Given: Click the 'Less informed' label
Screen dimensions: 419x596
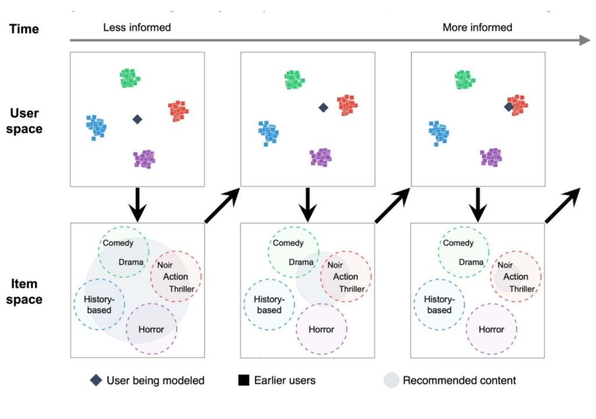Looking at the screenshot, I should (x=137, y=27).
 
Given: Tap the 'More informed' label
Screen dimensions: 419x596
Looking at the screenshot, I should (x=477, y=27).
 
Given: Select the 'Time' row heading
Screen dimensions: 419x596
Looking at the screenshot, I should (x=24, y=28).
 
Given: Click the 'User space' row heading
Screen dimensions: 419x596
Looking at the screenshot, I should (x=24, y=121).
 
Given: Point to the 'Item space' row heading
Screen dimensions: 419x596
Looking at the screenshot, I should (x=24, y=292).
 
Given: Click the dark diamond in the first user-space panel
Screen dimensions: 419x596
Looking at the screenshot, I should (x=137, y=119).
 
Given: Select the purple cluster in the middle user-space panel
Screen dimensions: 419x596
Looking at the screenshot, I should (x=321, y=157).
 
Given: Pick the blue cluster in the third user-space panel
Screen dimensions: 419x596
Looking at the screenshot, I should (x=439, y=132).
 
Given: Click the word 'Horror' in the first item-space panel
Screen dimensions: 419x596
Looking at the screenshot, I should (x=151, y=329).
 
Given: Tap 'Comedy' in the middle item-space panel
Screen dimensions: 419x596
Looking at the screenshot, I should (x=288, y=243).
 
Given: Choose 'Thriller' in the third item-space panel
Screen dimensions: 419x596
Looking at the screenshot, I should (x=521, y=289).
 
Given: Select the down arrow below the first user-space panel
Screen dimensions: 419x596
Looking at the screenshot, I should (x=137, y=204).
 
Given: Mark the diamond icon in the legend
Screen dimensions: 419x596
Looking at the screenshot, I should (x=97, y=381).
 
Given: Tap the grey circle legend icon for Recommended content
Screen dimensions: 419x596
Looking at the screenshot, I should (x=392, y=381).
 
